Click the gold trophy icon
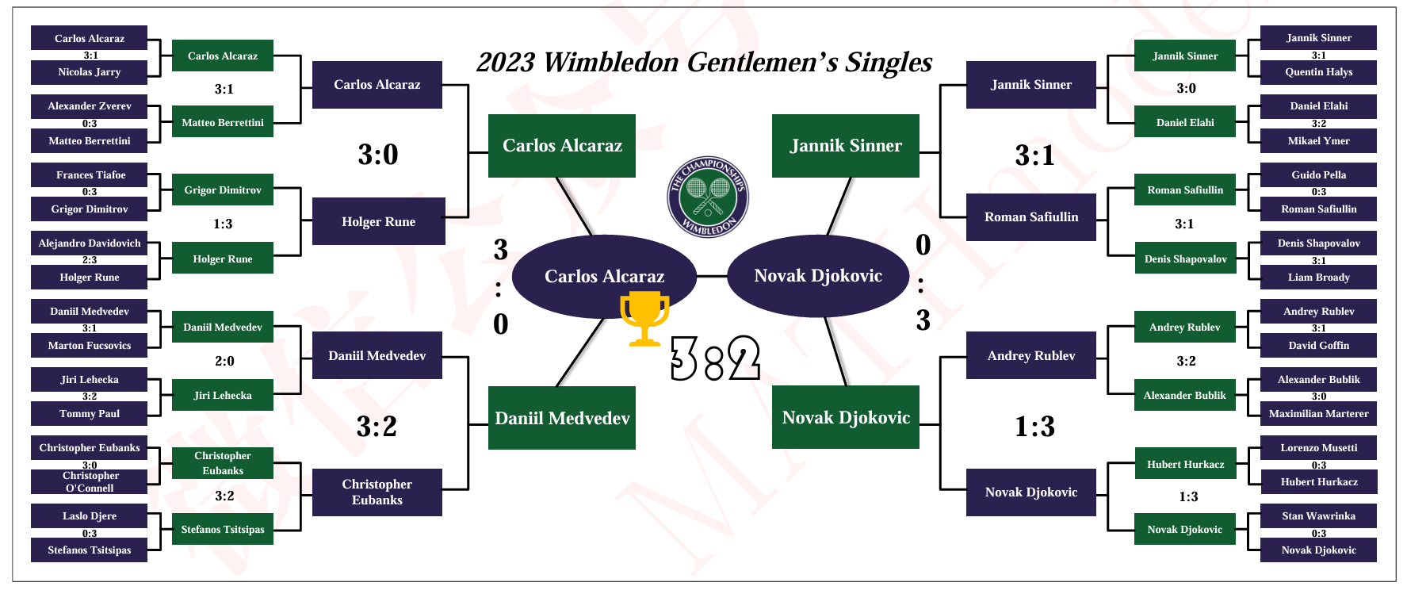pos(644,318)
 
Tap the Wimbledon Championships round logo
pos(708,197)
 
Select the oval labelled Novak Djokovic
pos(817,276)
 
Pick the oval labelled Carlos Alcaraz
pos(604,277)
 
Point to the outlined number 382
pos(715,358)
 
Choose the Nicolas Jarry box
pos(89,72)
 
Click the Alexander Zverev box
pos(89,106)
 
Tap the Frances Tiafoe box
pos(89,175)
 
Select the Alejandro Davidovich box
pos(89,243)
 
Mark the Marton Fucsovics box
pos(89,346)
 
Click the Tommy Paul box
pos(89,414)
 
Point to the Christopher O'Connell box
pos(89,482)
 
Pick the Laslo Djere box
pos(89,516)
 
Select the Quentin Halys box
pos(1318,72)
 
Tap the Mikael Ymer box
pos(1318,141)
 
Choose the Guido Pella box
pos(1318,175)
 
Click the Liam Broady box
pos(1318,278)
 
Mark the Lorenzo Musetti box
pos(1318,448)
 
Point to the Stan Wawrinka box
pos(1318,516)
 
